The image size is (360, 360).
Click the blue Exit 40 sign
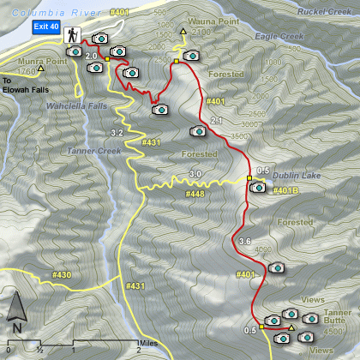click(45, 27)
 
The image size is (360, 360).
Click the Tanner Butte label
click(337, 318)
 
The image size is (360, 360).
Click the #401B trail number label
click(285, 190)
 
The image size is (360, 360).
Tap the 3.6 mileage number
click(244, 241)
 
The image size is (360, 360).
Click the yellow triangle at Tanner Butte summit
click(291, 327)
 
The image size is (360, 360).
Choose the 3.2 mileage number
click(117, 134)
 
